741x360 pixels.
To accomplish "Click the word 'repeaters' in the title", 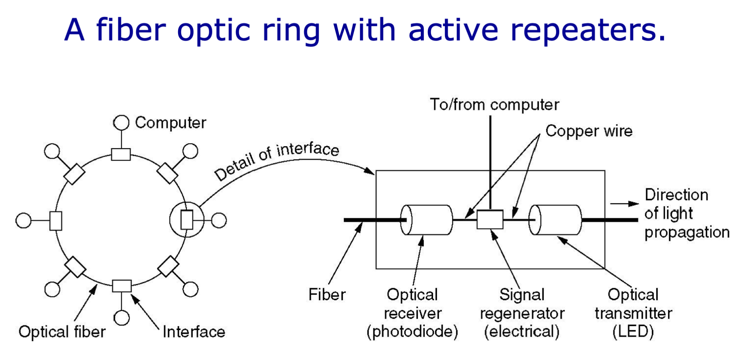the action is (588, 30).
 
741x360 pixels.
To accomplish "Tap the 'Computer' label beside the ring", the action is (171, 123).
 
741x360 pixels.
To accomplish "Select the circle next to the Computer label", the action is (121, 123).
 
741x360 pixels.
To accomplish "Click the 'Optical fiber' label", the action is (62, 332).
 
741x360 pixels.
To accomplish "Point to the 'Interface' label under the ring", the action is (194, 332).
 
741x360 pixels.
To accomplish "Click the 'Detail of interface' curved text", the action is (276, 160).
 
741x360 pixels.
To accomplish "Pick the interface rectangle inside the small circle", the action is (187, 220).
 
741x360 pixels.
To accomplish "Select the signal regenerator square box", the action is (490, 219).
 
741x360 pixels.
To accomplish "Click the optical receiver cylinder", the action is (426, 220).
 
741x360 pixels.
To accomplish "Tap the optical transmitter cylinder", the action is (555, 220).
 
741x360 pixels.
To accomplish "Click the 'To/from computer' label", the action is (494, 105).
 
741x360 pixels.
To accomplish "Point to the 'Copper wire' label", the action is (589, 131).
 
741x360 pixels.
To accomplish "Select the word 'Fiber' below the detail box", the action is (327, 295).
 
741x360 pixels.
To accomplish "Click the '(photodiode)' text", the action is (412, 331).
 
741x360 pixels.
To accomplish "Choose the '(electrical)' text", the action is (522, 331).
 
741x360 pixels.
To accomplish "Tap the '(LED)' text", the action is (633, 331).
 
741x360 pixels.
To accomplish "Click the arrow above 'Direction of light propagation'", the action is (625, 204).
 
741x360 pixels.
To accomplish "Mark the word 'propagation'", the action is (687, 233).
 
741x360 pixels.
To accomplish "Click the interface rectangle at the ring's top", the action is (121, 154).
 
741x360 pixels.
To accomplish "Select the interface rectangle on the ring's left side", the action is (56, 221).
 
